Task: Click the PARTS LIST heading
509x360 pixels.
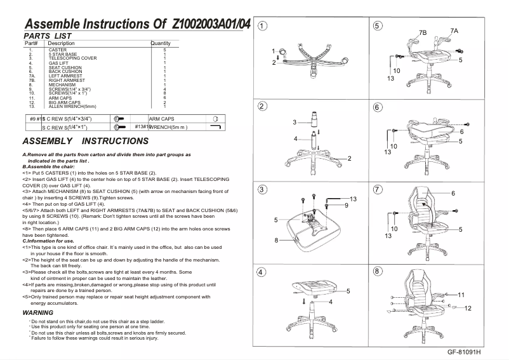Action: pyautogui.click(x=47, y=36)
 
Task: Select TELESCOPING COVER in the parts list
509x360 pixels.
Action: pyautogui.click(x=72, y=58)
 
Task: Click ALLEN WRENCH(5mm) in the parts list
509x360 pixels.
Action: pyautogui.click(x=72, y=107)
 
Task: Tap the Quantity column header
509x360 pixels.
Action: pyautogui.click(x=160, y=43)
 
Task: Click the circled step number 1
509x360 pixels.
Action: pyautogui.click(x=261, y=26)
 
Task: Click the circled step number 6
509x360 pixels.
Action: pyautogui.click(x=378, y=107)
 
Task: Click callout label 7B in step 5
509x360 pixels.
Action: pyautogui.click(x=423, y=32)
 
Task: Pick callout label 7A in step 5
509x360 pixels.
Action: pyautogui.click(x=454, y=30)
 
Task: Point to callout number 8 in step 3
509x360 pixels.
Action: pyautogui.click(x=277, y=240)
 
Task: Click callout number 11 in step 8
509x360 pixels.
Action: pyautogui.click(x=461, y=295)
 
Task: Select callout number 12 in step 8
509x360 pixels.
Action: pyautogui.click(x=467, y=308)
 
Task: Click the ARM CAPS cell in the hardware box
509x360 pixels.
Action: pyautogui.click(x=162, y=119)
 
